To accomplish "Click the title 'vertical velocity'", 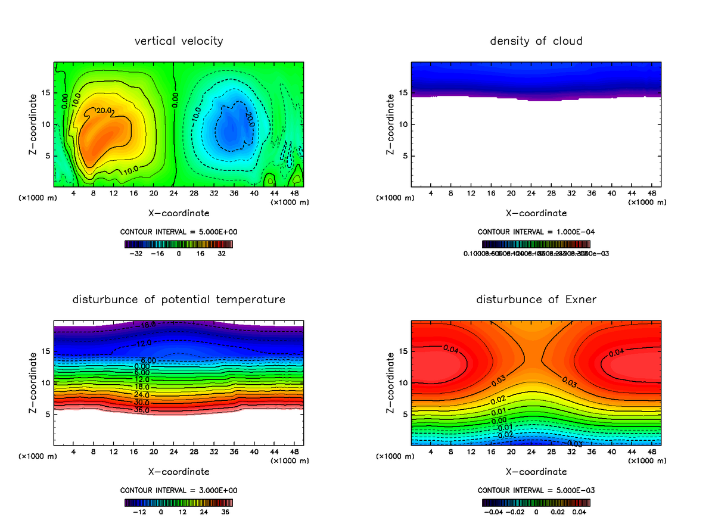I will click(179, 41).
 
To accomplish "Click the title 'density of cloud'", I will click(536, 41).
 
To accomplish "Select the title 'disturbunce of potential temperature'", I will click(179, 299).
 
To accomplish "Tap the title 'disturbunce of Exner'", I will click(536, 299).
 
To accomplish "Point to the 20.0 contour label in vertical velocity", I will click(105, 111).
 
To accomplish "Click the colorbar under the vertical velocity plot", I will click(179, 244).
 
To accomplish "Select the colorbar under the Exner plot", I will click(536, 502).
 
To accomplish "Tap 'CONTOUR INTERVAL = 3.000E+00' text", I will click(179, 490).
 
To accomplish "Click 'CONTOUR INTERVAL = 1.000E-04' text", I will click(536, 232).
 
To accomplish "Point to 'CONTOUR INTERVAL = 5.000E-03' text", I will click(536, 490).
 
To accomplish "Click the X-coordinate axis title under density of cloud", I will click(536, 213).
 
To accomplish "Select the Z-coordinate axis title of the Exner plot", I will click(391, 382).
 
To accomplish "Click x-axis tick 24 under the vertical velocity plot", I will click(173, 194).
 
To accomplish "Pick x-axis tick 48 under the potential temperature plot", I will click(294, 452).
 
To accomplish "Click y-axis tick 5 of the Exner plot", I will click(405, 414).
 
